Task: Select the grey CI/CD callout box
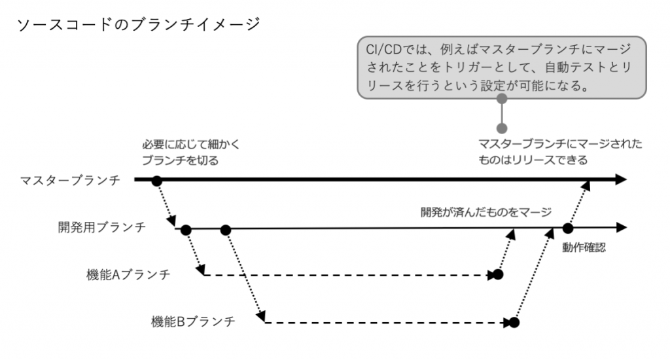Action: pos(502,67)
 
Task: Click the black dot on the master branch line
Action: pos(157,180)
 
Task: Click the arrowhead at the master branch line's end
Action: pos(620,180)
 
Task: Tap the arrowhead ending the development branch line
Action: pos(620,228)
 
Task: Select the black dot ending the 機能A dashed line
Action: pos(498,275)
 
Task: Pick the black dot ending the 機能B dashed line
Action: pos(514,322)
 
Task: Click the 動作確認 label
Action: pos(584,248)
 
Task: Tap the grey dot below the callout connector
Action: pos(502,128)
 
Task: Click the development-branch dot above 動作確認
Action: pos(568,228)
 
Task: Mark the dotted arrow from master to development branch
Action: pos(167,205)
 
